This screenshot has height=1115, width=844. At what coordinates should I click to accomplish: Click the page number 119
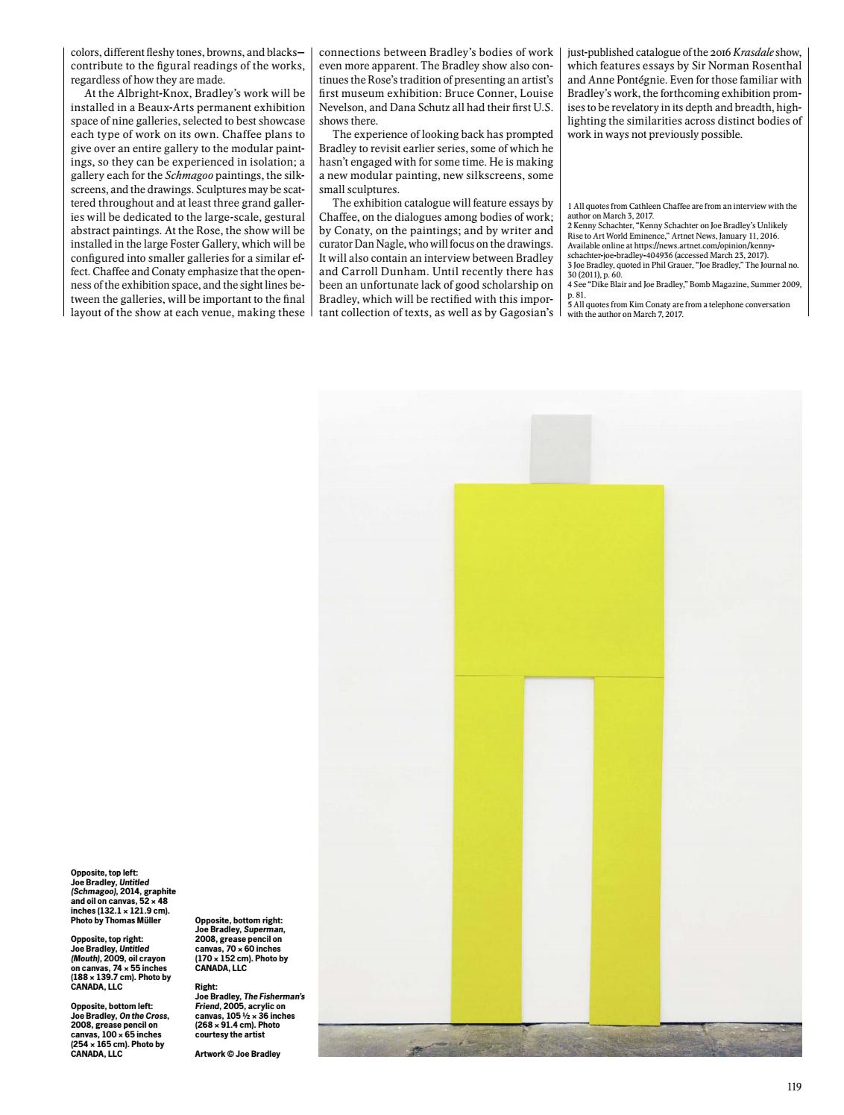[794, 1087]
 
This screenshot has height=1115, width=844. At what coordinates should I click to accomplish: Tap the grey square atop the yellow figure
[561, 448]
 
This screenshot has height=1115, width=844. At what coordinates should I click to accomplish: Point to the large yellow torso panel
[558, 580]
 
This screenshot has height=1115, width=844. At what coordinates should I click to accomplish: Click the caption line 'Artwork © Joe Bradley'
[237, 1054]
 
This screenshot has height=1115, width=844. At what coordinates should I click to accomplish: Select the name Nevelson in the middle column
[343, 107]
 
